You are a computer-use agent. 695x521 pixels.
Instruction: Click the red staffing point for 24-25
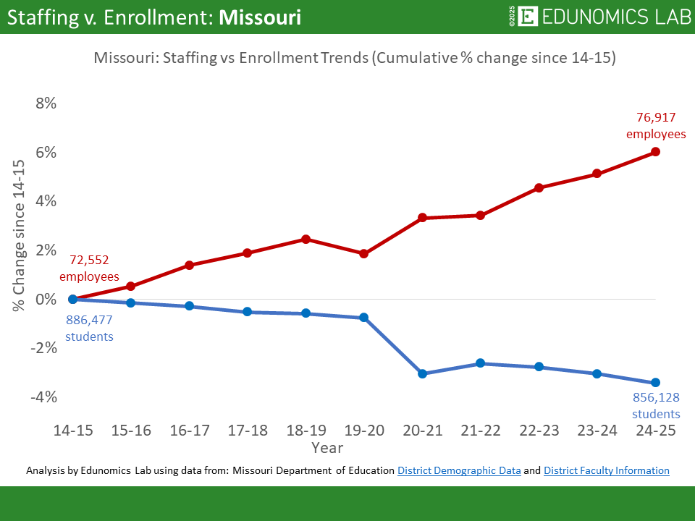tap(655, 151)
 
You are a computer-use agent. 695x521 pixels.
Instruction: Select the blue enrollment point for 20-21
tap(422, 373)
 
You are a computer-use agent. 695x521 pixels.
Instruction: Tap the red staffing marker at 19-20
tap(363, 253)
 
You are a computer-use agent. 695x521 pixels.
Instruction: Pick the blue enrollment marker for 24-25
tap(655, 383)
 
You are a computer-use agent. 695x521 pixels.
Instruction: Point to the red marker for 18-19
tap(306, 239)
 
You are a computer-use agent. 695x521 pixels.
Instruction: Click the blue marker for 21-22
tap(480, 363)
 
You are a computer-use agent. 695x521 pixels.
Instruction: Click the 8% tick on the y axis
tap(46, 103)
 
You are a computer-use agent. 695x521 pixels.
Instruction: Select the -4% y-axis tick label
tap(43, 397)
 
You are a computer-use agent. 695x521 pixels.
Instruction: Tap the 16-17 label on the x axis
tap(190, 431)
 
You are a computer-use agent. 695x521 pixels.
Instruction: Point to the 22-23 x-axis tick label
tap(539, 431)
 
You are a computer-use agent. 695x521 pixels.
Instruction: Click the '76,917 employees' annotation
tap(656, 125)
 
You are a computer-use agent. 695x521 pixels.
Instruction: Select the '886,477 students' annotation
tap(89, 328)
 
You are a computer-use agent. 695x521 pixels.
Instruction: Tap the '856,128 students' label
tap(656, 406)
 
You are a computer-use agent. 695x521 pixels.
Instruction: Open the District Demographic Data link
tap(459, 470)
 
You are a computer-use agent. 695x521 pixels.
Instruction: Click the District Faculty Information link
tap(606, 470)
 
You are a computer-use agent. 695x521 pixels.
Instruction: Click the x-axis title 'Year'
tap(327, 448)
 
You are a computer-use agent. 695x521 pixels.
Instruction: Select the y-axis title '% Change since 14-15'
tap(18, 236)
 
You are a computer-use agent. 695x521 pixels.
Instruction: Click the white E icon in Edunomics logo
tap(529, 17)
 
